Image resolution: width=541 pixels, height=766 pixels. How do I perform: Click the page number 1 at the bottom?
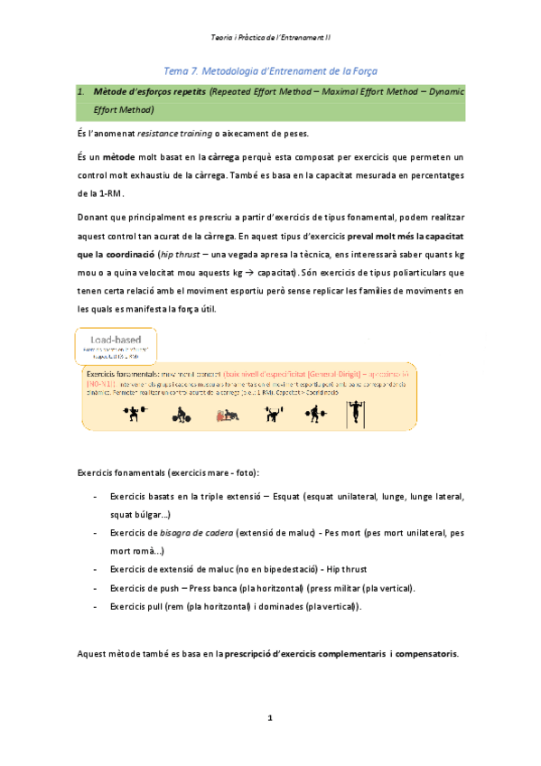[x=269, y=717]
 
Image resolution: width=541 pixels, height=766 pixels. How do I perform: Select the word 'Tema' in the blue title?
[x=176, y=70]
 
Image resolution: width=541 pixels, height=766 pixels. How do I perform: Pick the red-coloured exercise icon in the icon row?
[x=226, y=415]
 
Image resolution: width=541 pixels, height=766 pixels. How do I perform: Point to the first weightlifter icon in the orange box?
[x=134, y=414]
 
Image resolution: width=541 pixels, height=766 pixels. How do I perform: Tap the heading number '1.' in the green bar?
[x=79, y=91]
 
